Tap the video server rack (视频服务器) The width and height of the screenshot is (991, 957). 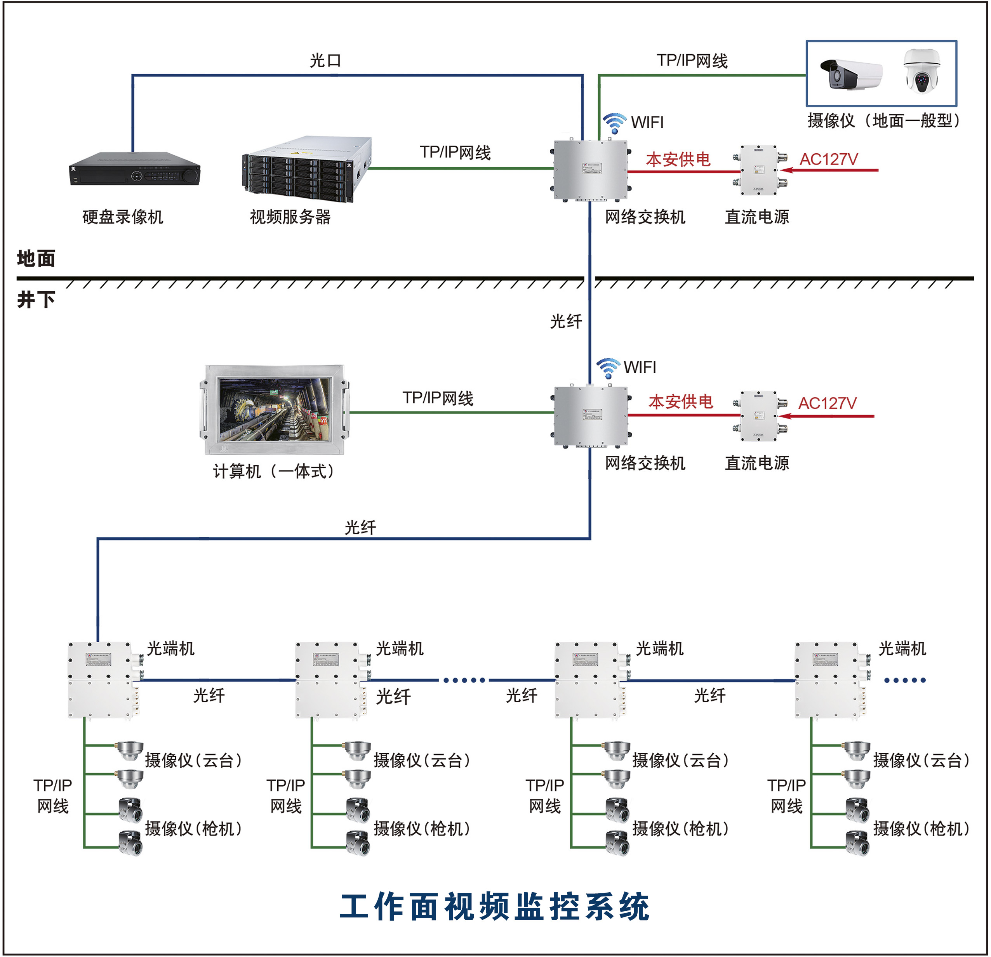coord(307,168)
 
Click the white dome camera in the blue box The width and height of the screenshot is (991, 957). coord(922,71)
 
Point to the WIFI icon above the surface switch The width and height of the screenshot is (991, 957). coord(614,123)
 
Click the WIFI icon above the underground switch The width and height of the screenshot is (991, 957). coord(608,368)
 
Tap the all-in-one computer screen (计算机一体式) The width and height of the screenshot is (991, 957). coord(275,409)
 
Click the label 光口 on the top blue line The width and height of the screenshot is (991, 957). coord(325,61)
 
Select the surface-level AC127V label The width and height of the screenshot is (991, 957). coord(828,159)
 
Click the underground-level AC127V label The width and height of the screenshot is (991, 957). coord(827,403)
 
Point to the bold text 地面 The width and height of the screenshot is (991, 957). coord(36,258)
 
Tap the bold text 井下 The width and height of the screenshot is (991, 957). coord(36,299)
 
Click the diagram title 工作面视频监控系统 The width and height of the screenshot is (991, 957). coord(494,907)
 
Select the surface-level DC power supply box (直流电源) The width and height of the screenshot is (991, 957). coord(759,170)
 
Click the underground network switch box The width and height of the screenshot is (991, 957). coord(591,415)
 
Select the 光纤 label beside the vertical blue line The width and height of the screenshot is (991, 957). coord(566,321)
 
